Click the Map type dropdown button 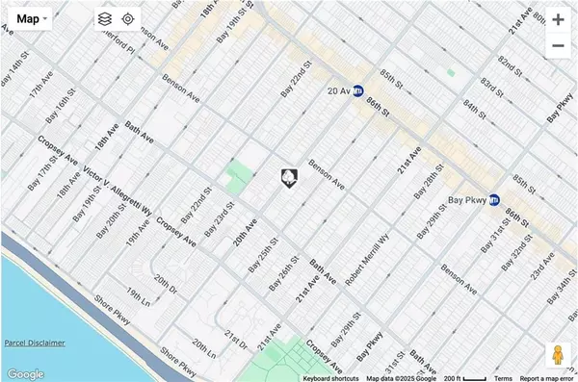pos(33,18)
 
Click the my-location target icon pos(128,18)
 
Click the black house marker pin pos(288,176)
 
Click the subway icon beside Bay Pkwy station pos(495,200)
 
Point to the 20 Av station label pos(336,91)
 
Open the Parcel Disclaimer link pos(34,342)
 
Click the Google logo pos(25,373)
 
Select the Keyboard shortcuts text pos(330,377)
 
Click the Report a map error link pos(547,377)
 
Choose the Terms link pos(503,377)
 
